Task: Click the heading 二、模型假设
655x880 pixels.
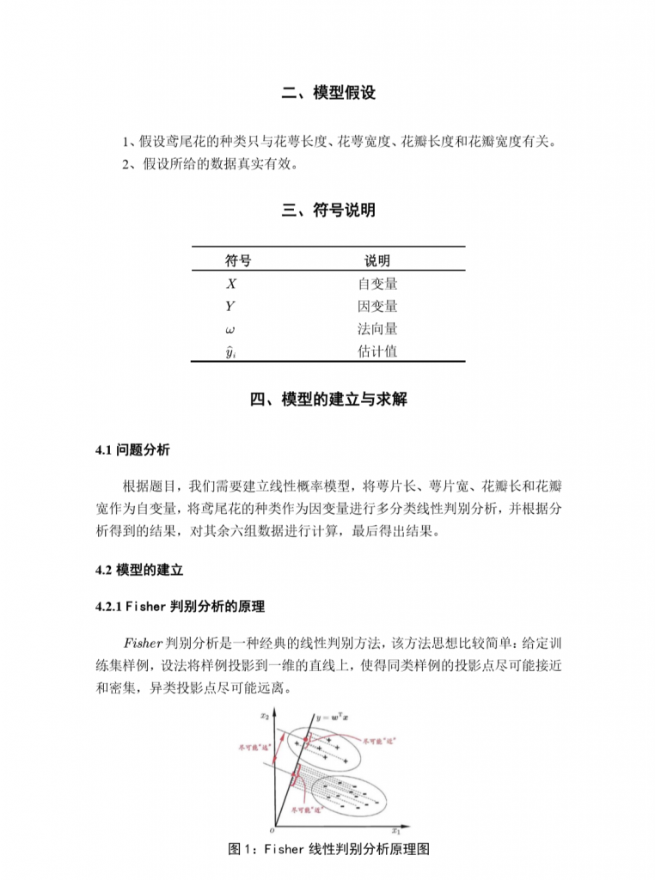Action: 327,94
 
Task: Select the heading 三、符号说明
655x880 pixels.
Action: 327,211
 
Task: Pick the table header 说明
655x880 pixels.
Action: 376,261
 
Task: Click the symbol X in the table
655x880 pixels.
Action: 231,284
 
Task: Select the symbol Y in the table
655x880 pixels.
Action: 230,306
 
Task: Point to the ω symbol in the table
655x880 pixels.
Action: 230,329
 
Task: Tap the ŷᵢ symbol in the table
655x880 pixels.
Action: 230,351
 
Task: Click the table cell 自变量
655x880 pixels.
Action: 377,284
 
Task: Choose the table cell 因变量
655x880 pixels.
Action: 377,306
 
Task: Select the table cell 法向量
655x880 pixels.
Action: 377,329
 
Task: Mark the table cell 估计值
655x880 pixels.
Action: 377,351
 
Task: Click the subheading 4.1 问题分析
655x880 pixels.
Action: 133,450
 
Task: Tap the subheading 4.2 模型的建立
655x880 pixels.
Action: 139,570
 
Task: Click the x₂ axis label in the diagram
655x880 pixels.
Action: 266,715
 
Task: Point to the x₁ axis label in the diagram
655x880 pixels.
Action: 396,831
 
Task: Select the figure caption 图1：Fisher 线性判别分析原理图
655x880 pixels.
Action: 328,849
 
